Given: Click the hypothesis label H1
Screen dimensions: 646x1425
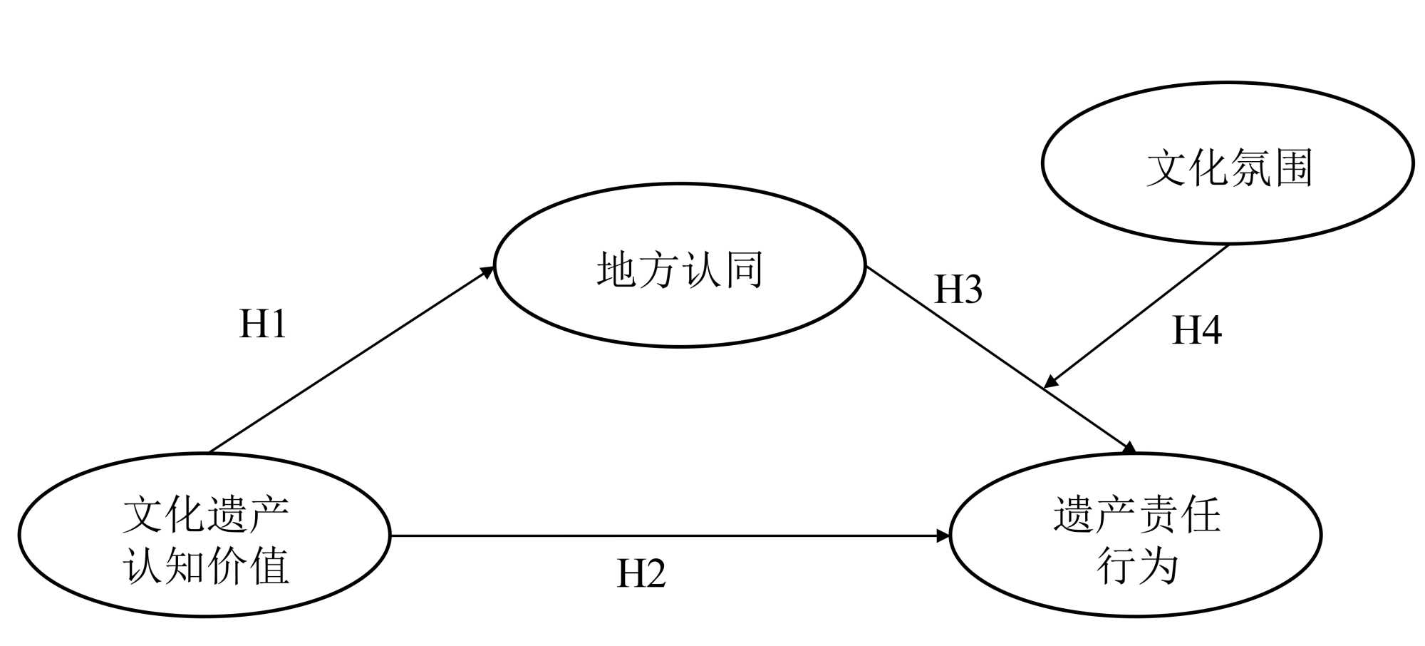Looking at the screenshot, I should (263, 324).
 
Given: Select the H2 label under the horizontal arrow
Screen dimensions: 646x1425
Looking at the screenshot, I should (641, 574).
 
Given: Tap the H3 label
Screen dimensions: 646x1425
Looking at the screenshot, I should (958, 289).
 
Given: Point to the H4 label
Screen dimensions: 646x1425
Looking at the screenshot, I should (1197, 331).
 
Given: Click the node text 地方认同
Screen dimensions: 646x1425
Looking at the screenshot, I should (680, 270).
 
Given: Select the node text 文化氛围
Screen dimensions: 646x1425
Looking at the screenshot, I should (1229, 168).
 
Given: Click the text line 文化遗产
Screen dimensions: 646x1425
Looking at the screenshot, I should (206, 515).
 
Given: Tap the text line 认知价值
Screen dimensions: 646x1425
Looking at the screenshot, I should (206, 567).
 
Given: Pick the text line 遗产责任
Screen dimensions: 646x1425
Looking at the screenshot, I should (1136, 515).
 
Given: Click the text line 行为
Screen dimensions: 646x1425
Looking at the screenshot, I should (1136, 567).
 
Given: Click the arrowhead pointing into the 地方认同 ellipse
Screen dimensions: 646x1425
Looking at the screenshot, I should (488, 271).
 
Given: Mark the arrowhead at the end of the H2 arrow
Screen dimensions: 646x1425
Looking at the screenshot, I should (943, 535).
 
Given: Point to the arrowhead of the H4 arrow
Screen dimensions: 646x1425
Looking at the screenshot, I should (1051, 382).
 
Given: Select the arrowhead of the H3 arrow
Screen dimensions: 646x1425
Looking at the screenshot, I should (1129, 448).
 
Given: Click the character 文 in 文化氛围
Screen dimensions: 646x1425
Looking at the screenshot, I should (1167, 168).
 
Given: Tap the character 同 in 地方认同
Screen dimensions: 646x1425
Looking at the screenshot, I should (743, 270).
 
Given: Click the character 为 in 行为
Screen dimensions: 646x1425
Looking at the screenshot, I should (1157, 567).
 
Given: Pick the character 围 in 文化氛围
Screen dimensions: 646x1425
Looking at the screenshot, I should (1292, 168).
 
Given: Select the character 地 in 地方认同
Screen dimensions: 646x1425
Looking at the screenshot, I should (617, 270).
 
